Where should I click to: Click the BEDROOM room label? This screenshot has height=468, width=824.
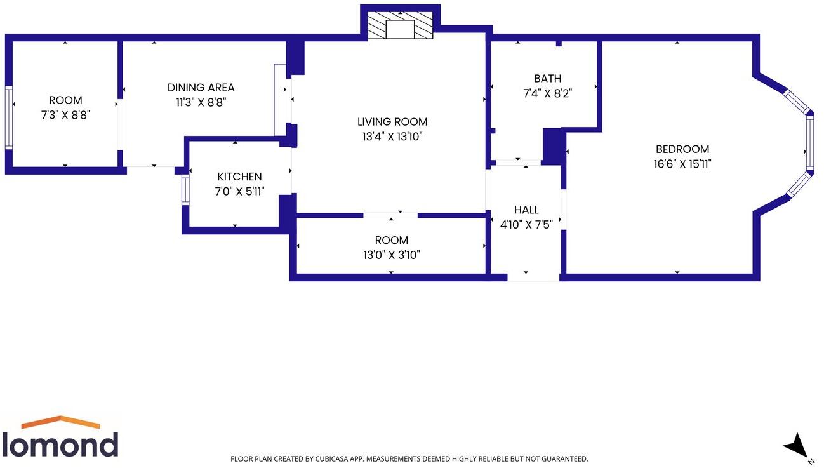(682, 149)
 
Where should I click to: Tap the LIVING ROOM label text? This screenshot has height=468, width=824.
(392, 122)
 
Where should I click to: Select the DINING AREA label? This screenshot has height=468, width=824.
(201, 88)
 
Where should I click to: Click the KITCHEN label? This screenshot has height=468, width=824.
(239, 177)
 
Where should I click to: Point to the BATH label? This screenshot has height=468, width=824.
(547, 79)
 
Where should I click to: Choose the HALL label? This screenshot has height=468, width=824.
(526, 210)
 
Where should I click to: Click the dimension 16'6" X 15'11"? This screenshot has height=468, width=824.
(682, 164)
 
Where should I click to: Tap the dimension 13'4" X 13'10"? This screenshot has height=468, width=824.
(392, 137)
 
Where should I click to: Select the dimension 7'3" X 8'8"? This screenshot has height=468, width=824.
(65, 115)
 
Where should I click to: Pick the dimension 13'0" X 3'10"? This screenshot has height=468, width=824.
(391, 255)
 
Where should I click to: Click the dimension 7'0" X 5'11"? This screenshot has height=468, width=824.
(239, 191)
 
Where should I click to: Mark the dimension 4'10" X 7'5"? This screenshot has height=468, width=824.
(526, 224)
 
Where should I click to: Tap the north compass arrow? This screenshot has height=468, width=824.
(796, 445)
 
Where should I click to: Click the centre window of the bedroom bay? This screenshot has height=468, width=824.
(810, 143)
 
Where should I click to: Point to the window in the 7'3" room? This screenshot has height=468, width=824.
(9, 117)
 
